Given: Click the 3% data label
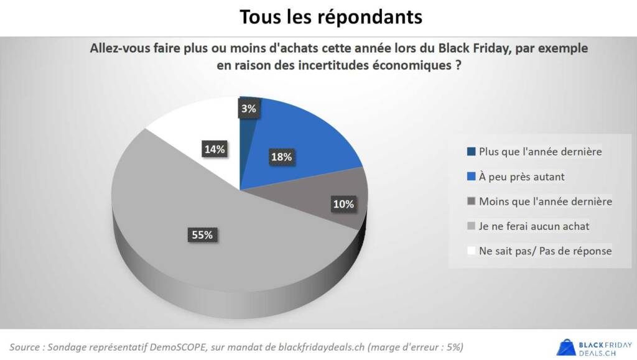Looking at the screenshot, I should (x=249, y=109).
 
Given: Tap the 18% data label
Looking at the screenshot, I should (x=281, y=157).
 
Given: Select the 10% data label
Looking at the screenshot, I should (x=343, y=204).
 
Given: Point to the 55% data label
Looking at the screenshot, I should (x=201, y=234).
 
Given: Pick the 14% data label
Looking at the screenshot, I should (x=214, y=149).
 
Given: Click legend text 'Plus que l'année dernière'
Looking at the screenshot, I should (x=540, y=151).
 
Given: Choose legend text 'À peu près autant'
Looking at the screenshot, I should (x=521, y=177).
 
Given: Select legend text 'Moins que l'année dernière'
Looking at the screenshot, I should (x=545, y=201).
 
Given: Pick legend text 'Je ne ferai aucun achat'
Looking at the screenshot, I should (x=534, y=226).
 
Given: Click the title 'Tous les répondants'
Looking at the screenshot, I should (x=331, y=17).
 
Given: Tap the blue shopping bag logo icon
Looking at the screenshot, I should (x=565, y=346).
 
